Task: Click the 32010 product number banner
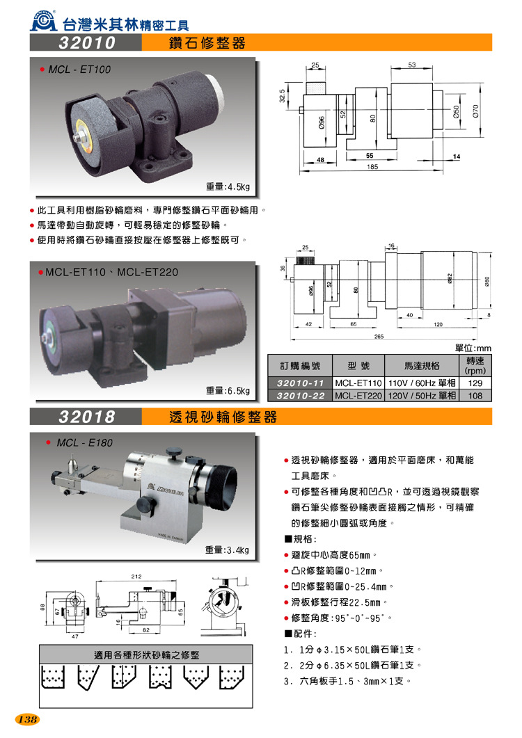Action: click(86, 44)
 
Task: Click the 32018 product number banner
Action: click(86, 417)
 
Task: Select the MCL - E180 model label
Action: click(84, 442)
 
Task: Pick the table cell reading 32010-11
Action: click(300, 383)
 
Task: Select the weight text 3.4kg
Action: click(227, 550)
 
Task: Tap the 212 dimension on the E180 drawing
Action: click(136, 575)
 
